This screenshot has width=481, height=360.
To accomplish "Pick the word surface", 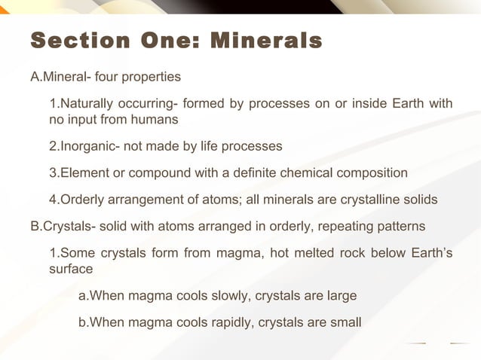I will [71, 269].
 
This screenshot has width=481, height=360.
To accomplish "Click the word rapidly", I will [234, 322].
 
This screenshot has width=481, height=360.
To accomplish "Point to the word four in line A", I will [106, 76].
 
